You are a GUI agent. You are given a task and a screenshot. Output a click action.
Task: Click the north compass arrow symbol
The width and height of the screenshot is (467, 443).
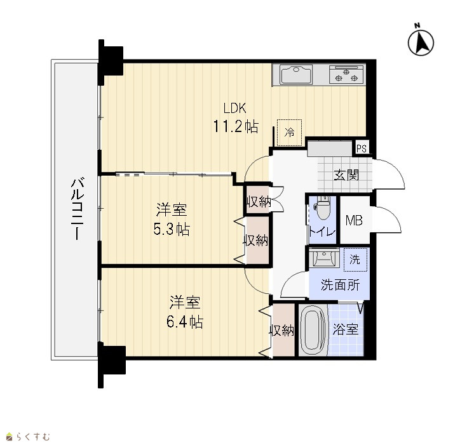(x=421, y=42)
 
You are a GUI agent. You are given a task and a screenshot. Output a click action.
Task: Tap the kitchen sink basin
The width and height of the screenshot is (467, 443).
(x=296, y=74)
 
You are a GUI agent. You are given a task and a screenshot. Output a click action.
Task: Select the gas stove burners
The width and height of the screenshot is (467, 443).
(x=347, y=74)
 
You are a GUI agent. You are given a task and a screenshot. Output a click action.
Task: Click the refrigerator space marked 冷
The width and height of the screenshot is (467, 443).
(x=289, y=133)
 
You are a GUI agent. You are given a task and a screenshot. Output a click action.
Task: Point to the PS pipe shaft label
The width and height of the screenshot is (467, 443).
(x=362, y=149)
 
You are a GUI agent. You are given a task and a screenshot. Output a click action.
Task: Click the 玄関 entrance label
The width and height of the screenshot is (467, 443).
(x=346, y=175)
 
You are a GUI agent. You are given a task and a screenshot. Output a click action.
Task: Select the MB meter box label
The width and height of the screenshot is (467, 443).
(x=354, y=221)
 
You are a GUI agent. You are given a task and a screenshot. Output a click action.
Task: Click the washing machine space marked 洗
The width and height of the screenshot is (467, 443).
(x=355, y=260)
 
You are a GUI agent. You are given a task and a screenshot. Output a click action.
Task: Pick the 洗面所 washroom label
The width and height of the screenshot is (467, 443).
(x=340, y=285)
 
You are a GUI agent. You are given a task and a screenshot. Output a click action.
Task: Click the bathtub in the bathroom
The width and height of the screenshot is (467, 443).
(x=313, y=329)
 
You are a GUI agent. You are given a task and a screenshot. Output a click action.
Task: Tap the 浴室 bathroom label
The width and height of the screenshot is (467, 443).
(x=346, y=329)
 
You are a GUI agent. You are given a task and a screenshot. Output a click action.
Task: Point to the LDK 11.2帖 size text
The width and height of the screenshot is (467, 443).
(x=235, y=118)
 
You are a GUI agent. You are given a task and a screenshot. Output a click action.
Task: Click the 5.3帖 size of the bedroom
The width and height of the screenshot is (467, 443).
(x=172, y=229)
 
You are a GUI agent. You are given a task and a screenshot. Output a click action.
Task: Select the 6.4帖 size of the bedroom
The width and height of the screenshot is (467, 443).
(x=185, y=322)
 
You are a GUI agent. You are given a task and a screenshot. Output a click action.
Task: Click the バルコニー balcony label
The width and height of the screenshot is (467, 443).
(x=78, y=209)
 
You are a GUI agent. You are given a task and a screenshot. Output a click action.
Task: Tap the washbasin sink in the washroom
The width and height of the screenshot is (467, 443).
(x=323, y=258)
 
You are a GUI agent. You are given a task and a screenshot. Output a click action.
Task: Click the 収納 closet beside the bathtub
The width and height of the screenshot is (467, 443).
(x=282, y=330)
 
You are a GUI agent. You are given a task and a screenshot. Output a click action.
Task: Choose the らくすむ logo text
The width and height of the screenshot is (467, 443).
(x=33, y=437)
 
